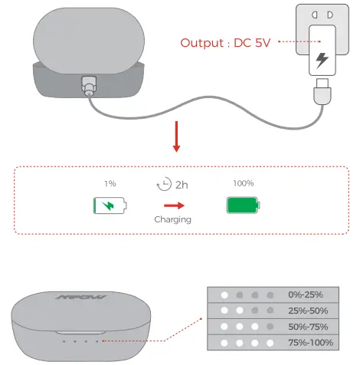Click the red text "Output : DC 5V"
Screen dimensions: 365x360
226,42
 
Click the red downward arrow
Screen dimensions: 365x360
175,140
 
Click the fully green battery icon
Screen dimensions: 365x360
243,206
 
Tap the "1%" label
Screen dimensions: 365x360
110,184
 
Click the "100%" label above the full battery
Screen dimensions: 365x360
244,184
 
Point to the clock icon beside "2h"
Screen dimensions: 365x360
162,185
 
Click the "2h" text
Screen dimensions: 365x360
182,185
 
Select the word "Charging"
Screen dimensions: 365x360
174,219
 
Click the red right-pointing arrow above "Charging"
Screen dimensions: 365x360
175,205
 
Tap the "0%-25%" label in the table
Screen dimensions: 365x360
306,294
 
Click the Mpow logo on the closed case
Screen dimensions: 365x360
81,297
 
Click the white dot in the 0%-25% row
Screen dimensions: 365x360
224,294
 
